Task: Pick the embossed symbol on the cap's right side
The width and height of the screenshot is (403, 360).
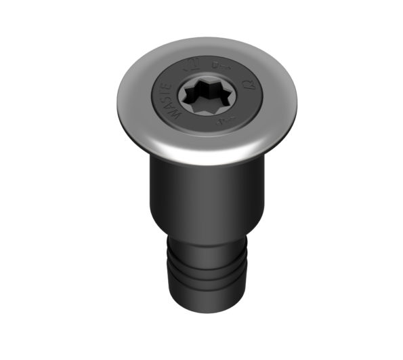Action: pos(249,85)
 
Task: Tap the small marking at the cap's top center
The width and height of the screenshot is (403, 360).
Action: pos(218,65)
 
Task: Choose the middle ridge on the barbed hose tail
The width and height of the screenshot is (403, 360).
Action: pos(203,275)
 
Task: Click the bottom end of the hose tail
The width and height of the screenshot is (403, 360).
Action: pos(204,306)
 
